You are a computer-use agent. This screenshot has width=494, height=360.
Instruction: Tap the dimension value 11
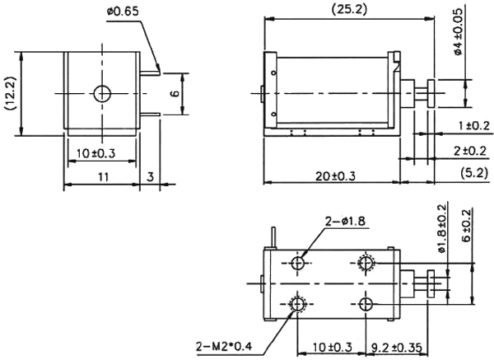coord(99,176)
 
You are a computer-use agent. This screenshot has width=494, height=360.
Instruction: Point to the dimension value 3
coord(151,176)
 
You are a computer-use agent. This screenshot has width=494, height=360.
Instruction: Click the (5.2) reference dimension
coord(473,175)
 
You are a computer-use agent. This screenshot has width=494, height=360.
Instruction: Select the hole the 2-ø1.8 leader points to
coord(298,262)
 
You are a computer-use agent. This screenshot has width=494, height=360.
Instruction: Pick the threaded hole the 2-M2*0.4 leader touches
coord(298,306)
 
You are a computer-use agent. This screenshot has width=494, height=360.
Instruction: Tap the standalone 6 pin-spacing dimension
coord(175,94)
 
